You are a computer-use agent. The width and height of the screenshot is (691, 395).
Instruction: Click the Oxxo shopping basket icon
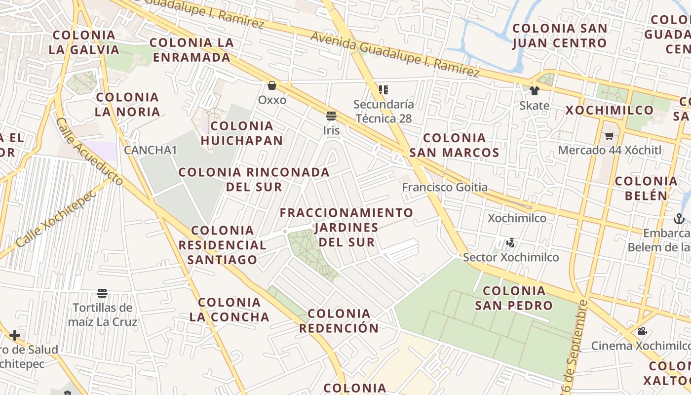(x=271, y=86)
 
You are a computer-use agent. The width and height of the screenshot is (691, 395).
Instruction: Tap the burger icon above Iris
(x=331, y=117)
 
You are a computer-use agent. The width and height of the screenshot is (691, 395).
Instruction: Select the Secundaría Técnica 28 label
(x=384, y=112)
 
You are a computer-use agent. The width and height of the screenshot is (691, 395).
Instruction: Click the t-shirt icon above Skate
(x=534, y=91)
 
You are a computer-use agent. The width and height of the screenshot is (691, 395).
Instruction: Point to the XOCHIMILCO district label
(x=609, y=110)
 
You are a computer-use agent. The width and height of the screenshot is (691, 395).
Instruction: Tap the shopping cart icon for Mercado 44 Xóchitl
(x=609, y=136)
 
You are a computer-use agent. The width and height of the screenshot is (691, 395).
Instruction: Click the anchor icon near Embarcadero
(x=679, y=218)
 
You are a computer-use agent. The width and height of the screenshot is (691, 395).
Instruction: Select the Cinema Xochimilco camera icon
(x=642, y=331)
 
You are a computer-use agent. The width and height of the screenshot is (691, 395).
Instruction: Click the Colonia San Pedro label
(x=514, y=298)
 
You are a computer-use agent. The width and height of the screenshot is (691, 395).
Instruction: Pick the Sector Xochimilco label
(x=511, y=257)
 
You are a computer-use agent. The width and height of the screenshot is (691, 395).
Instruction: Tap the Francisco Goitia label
(x=445, y=188)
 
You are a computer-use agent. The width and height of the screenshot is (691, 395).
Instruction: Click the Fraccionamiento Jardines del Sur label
(x=346, y=227)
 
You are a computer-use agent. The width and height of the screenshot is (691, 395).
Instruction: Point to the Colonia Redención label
(x=339, y=320)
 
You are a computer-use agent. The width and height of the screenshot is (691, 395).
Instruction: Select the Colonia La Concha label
(x=230, y=310)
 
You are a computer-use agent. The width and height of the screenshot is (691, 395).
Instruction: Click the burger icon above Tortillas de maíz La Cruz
(x=102, y=293)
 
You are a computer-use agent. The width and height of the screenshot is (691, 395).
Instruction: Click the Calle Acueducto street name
(x=89, y=151)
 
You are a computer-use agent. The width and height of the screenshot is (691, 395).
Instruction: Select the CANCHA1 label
(x=150, y=150)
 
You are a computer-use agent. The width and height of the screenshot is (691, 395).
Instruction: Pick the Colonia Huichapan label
(x=242, y=133)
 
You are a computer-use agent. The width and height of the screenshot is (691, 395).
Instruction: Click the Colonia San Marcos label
(x=454, y=145)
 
